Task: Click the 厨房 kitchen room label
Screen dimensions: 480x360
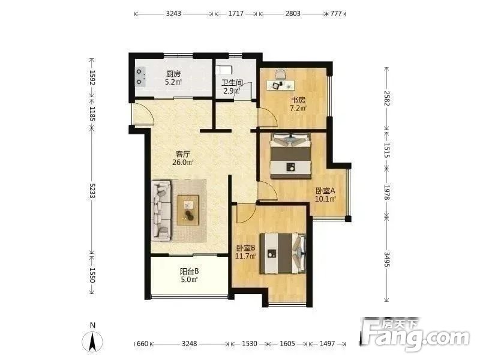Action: tap(173, 74)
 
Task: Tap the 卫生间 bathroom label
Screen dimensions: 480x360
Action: tap(232, 83)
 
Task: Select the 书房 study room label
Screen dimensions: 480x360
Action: tap(298, 100)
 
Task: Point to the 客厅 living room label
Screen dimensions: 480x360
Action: tap(183, 154)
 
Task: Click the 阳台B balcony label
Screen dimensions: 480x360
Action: tap(189, 271)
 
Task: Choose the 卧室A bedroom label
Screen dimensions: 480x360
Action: tap(325, 191)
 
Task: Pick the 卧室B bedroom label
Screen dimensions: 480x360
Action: tap(245, 248)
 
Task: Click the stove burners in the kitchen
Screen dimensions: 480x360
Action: tap(140, 77)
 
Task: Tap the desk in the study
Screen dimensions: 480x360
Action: tap(281, 85)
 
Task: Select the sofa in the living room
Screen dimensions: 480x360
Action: tap(161, 210)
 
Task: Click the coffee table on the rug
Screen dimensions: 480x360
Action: tap(188, 211)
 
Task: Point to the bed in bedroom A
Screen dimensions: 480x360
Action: tap(290, 156)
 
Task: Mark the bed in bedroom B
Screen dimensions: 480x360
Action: tap(283, 253)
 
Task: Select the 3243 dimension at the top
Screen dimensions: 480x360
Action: tap(173, 13)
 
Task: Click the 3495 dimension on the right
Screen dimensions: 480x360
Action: tap(387, 259)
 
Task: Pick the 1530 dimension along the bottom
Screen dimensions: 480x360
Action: tap(250, 344)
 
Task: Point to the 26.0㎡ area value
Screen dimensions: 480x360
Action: tap(183, 162)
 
